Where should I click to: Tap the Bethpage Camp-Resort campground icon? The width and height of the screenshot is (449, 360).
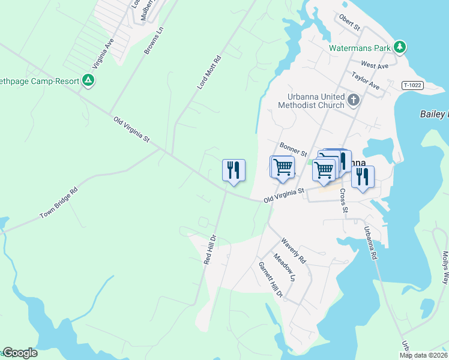pyautogui.click(x=88, y=80)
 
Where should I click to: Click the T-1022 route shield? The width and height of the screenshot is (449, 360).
pyautogui.click(x=412, y=86)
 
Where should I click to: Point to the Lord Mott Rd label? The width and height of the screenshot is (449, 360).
pyautogui.click(x=209, y=73)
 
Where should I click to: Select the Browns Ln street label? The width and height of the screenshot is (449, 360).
pyautogui.click(x=154, y=41)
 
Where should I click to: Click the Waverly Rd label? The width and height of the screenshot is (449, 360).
pyautogui.click(x=294, y=251)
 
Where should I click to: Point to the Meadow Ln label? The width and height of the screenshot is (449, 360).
pyautogui.click(x=285, y=268)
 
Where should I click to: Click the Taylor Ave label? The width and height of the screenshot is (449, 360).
pyautogui.click(x=366, y=81)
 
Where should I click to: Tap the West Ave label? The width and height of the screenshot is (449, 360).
pyautogui.click(x=375, y=64)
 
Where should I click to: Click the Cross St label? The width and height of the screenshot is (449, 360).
pyautogui.click(x=344, y=200)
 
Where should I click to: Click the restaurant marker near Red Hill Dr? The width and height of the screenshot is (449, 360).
pyautogui.click(x=234, y=170)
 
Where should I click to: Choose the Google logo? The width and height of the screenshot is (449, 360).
pyautogui.click(x=20, y=353)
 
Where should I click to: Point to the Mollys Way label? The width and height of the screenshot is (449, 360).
pyautogui.click(x=445, y=268)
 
